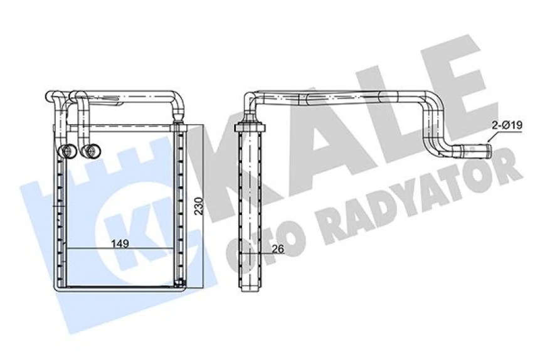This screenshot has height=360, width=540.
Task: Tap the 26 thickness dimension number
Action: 278,249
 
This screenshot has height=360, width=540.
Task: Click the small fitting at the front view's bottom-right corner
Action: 181,283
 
